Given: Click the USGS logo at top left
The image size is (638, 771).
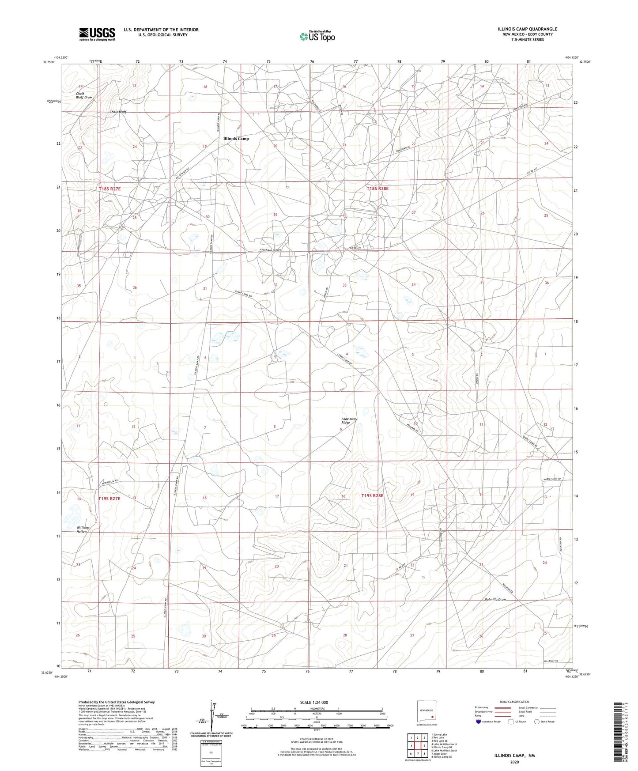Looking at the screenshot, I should [97, 34].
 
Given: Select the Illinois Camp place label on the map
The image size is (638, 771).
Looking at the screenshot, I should [236, 139].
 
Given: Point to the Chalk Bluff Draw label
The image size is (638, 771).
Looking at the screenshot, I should [84, 95].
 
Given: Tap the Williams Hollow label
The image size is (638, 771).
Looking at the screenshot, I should [83, 529].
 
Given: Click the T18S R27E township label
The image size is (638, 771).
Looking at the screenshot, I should [109, 189].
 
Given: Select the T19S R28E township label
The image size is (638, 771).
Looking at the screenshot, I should [372, 496].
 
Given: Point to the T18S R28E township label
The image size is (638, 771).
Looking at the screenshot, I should [378, 189].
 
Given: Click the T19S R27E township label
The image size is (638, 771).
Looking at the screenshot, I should [109, 499].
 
